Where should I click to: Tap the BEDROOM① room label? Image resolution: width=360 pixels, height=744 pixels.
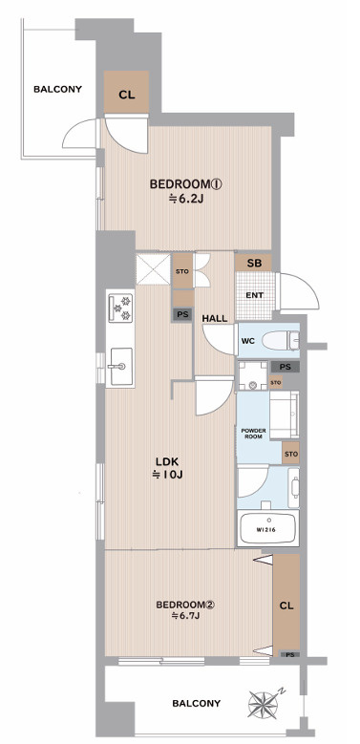pyautogui.click(x=186, y=184)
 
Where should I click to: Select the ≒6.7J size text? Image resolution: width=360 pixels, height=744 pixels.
pyautogui.click(x=185, y=616)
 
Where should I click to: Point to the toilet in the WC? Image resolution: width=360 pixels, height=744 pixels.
pyautogui.click(x=281, y=340)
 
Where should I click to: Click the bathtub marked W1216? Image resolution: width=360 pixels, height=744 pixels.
pyautogui.click(x=268, y=528)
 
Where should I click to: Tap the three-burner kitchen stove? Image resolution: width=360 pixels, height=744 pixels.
pyautogui.click(x=120, y=308)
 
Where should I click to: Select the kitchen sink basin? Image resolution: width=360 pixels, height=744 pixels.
pyautogui.click(x=120, y=367)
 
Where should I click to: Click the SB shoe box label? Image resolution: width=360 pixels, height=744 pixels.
pyautogui.click(x=254, y=264)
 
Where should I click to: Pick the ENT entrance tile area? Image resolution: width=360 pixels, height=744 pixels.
pyautogui.click(x=255, y=295)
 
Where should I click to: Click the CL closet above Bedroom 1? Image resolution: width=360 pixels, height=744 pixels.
pyautogui.click(x=127, y=93)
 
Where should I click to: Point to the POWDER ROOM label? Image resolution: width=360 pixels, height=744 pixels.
pyautogui.click(x=254, y=434)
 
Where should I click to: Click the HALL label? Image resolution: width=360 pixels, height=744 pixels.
pyautogui.click(x=215, y=319)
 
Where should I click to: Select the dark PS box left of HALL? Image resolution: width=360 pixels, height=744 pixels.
pyautogui.click(x=182, y=313)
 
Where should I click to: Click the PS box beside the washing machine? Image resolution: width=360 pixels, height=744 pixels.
pyautogui.click(x=286, y=367)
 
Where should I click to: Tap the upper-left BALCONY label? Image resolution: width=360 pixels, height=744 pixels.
pyautogui.click(x=58, y=89)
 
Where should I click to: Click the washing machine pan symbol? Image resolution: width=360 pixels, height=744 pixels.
pyautogui.click(x=253, y=375)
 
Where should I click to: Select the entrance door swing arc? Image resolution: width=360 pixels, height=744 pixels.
pyautogui.click(x=300, y=292)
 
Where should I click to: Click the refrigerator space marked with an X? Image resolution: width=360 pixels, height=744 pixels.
pyautogui.click(x=153, y=269)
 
